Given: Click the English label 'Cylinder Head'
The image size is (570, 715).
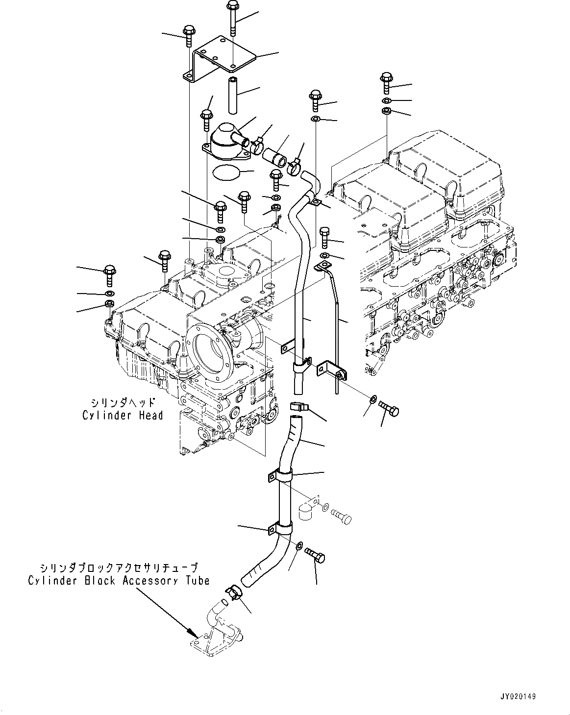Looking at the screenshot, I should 122,416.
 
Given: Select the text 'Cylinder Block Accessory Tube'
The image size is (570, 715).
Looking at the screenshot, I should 119,581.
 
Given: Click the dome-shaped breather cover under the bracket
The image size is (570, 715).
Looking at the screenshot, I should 224,140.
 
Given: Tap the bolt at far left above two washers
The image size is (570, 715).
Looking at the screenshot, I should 110,275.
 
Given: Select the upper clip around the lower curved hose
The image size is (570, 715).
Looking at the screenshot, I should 283,475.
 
